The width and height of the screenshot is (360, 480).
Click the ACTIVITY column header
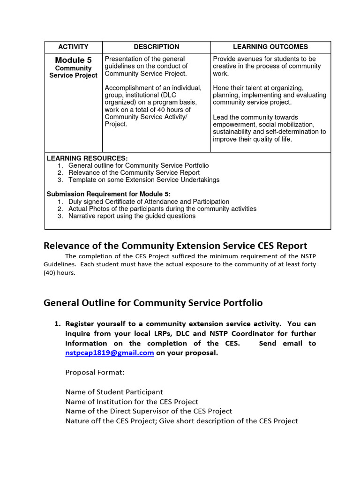[73, 47]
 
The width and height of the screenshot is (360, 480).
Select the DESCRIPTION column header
[156, 47]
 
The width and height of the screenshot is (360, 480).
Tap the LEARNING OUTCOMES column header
[270, 47]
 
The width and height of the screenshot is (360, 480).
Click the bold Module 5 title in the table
[73, 60]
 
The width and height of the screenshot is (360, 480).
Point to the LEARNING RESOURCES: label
[87, 158]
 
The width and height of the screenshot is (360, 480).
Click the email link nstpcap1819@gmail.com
[110, 353]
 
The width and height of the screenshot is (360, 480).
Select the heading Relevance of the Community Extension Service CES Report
[175, 246]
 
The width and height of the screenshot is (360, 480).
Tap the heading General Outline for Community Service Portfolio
[153, 303]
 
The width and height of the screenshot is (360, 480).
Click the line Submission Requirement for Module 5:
[109, 194]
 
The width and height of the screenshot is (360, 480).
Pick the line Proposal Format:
[95, 372]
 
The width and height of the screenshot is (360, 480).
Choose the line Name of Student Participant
[114, 392]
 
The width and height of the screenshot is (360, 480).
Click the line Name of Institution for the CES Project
[132, 402]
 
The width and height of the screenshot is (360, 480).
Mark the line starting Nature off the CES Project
[181, 421]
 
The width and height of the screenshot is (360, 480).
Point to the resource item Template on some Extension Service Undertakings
[144, 180]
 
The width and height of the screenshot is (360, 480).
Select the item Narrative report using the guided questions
[132, 216]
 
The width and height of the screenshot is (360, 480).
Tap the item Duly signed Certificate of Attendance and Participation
[149, 202]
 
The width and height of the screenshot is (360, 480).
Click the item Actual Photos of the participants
[163, 209]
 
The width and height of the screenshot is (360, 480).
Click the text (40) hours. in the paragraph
[60, 273]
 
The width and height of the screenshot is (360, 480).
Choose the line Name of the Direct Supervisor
[149, 411]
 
